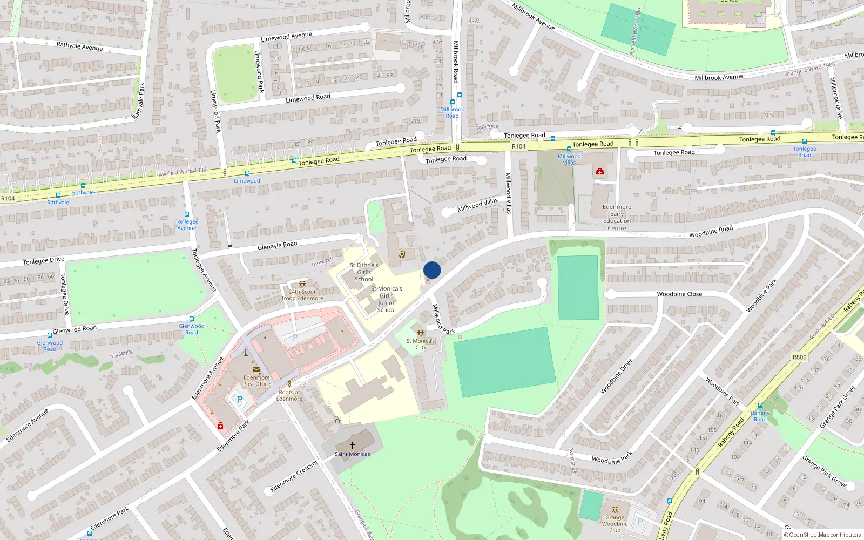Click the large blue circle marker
click(432, 270)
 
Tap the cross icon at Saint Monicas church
click(353, 446)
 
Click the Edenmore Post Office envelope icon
click(256, 369)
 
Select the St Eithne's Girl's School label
click(363, 272)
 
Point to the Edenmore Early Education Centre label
click(617, 217)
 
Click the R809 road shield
click(799, 357)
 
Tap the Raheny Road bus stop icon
click(760, 406)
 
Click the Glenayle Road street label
click(277, 246)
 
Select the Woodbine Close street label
click(679, 294)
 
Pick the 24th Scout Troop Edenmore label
click(302, 295)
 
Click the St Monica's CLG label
click(420, 344)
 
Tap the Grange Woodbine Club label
click(615, 523)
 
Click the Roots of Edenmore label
click(289, 395)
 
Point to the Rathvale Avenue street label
click(79, 46)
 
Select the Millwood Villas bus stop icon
click(569, 149)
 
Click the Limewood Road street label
click(308, 98)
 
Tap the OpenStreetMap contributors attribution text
click(822, 535)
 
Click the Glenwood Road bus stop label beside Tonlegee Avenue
click(192, 329)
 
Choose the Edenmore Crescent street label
click(294, 477)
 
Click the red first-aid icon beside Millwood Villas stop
click(599, 172)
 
